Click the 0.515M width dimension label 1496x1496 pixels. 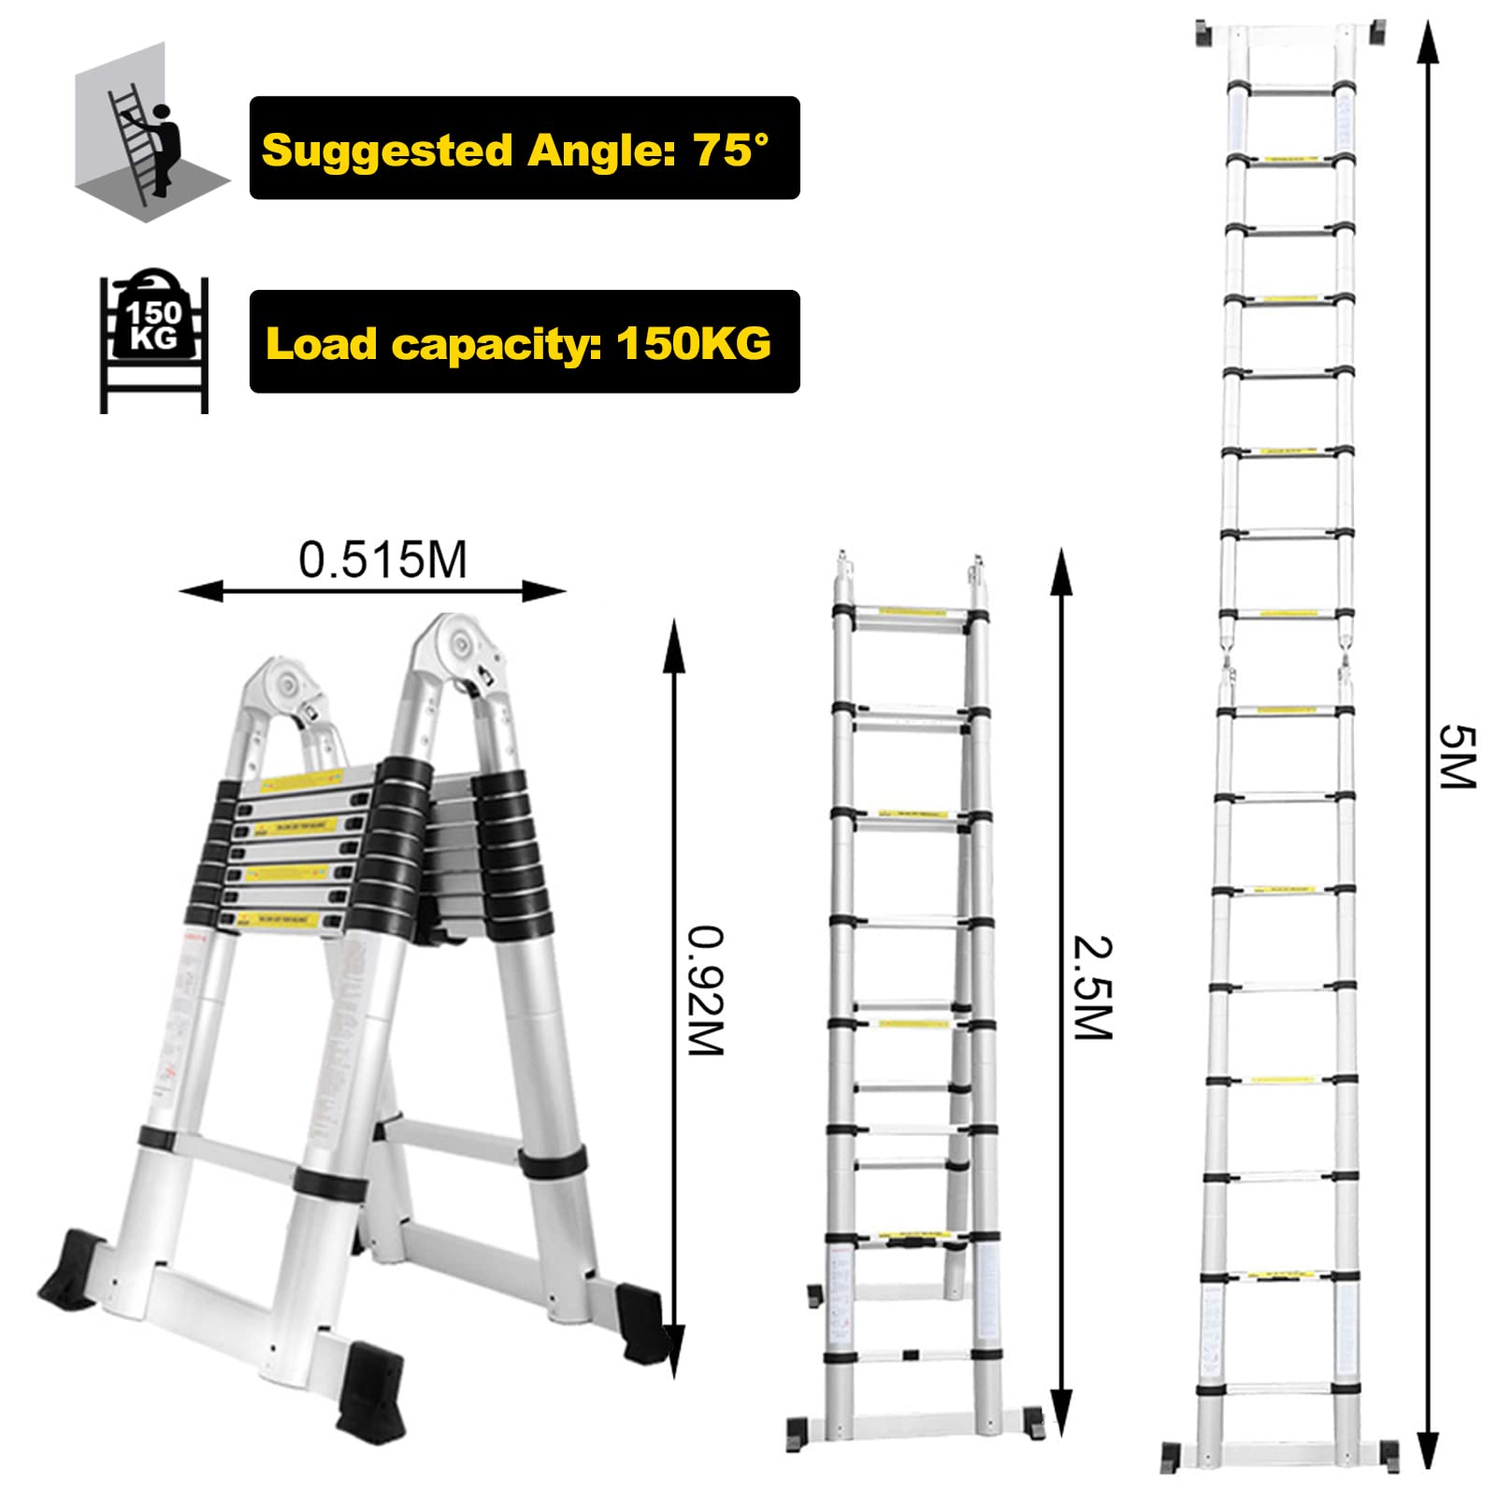coord(382,560)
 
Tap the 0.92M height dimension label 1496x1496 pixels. coord(706,990)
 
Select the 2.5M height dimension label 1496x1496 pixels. coord(1092,986)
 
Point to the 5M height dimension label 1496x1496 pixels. coord(1456,756)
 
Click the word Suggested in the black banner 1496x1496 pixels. coord(387,151)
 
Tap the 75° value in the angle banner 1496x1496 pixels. coord(730,149)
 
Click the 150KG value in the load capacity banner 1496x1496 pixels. coord(694,343)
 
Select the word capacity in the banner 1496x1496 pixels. coord(496,345)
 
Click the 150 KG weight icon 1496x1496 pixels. coord(153,342)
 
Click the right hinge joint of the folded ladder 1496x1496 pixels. coord(458,645)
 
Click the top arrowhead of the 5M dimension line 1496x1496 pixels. coord(1427,37)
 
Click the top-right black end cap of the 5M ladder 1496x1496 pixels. coord(1376,33)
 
